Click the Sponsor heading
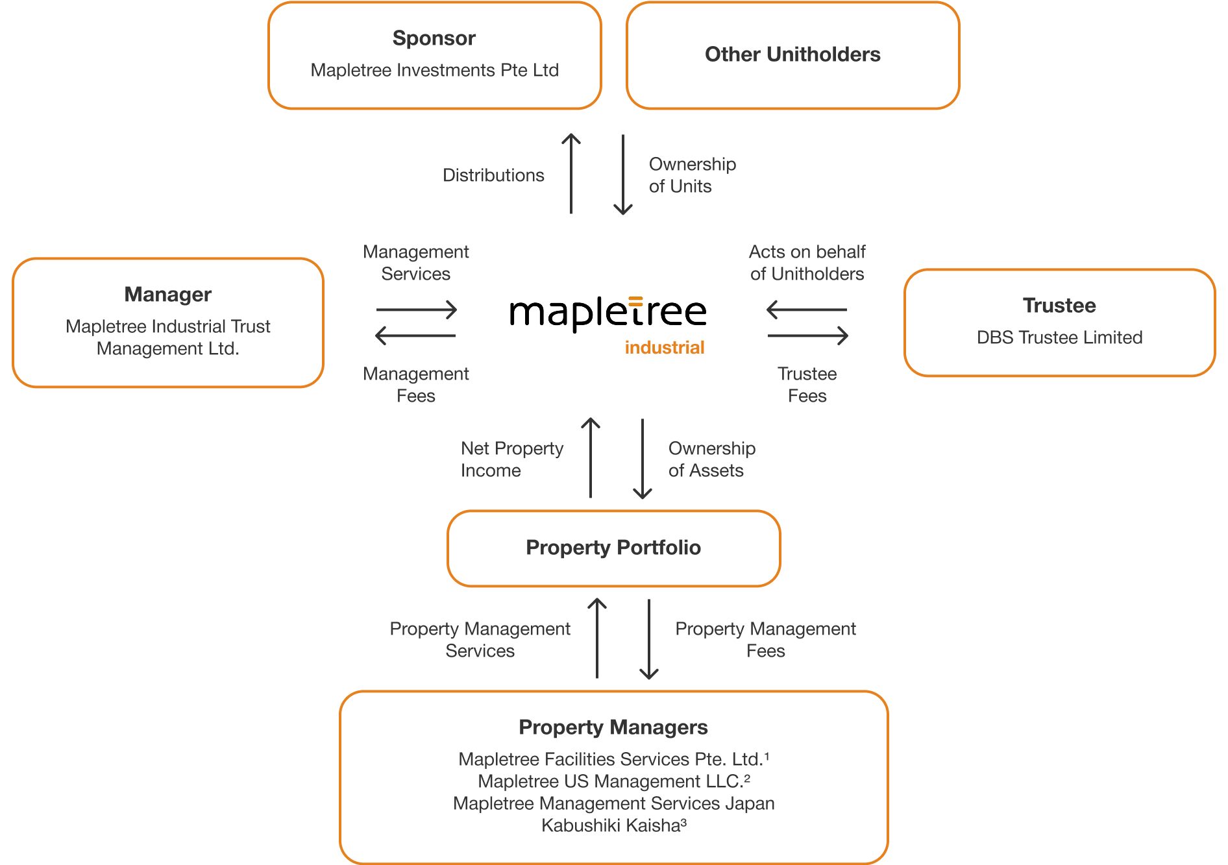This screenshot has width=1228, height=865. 434,38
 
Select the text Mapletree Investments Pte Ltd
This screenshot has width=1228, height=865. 434,70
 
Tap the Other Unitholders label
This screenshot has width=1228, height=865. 792,55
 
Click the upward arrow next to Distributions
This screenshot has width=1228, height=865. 571,173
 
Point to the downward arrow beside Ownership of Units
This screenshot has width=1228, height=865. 623,175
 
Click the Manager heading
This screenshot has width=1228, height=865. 167,295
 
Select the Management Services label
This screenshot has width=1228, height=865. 415,263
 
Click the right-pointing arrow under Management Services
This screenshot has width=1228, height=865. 417,310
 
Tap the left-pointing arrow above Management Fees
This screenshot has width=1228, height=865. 415,335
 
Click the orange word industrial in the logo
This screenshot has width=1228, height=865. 664,348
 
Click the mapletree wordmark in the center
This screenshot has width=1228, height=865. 608,313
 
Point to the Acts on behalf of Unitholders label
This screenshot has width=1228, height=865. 807,263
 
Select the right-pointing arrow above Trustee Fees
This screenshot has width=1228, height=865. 807,335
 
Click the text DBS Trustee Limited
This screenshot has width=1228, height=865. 1059,337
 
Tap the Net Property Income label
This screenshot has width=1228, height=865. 511,459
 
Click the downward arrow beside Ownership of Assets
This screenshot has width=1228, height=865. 643,459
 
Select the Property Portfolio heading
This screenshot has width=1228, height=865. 613,548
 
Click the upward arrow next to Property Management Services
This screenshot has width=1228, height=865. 597,638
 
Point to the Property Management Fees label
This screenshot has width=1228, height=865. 765,640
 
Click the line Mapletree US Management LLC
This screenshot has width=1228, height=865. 613,781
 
